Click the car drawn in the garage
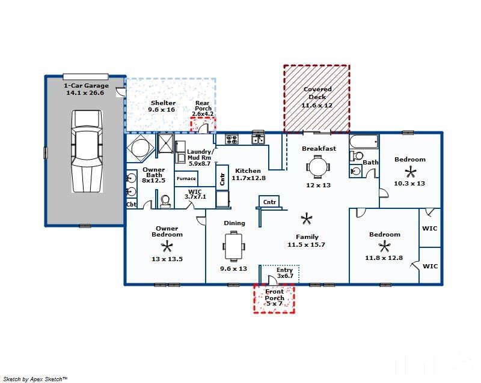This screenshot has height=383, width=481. pyautogui.click(x=87, y=151)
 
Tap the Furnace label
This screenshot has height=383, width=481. pyautogui.click(x=186, y=179)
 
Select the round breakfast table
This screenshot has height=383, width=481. pyautogui.click(x=318, y=167)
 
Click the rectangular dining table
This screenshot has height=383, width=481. pyautogui.click(x=234, y=246)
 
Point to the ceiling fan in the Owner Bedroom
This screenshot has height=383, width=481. pyautogui.click(x=167, y=246)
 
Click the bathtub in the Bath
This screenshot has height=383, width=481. pyautogui.click(x=364, y=142)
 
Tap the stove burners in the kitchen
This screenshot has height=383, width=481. pyautogui.click(x=231, y=139)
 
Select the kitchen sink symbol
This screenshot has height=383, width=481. pyautogui.click(x=258, y=139)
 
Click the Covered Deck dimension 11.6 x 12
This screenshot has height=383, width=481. pyautogui.click(x=317, y=105)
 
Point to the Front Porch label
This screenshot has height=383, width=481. pyautogui.click(x=275, y=295)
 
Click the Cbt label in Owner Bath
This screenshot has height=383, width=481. pyautogui.click(x=131, y=204)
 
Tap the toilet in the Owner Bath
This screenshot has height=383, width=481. pyautogui.click(x=165, y=202)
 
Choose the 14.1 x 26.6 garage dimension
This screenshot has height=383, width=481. pyautogui.click(x=85, y=92)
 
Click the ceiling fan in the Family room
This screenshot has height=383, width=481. pyautogui.click(x=306, y=219)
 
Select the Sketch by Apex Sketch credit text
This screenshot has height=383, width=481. pyautogui.click(x=35, y=379)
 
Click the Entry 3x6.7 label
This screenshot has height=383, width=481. pyautogui.click(x=285, y=273)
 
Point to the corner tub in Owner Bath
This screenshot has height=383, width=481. pyautogui.click(x=140, y=148)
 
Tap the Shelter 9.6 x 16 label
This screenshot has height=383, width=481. pyautogui.click(x=162, y=106)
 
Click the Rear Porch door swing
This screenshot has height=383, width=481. pyautogui.click(x=204, y=128)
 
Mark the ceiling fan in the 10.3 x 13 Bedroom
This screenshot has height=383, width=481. pyautogui.click(x=411, y=172)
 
